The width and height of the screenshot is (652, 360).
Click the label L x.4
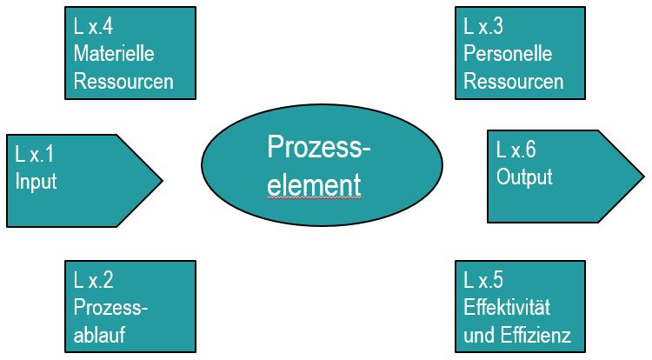(x=95, y=26)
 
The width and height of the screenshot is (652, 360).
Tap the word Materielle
(x=115, y=54)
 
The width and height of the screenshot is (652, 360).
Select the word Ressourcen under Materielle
(x=124, y=82)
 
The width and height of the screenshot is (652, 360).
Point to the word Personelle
(x=509, y=54)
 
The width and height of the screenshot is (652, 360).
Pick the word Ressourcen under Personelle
(x=514, y=82)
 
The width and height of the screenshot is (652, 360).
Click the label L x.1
(x=35, y=155)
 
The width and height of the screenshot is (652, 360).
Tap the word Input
(x=36, y=183)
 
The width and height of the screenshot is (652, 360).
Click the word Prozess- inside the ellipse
(x=318, y=148)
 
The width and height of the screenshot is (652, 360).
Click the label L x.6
(x=516, y=150)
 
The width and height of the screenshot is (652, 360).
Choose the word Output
(x=524, y=177)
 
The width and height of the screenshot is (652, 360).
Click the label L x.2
(x=95, y=280)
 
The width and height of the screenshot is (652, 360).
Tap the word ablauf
(x=101, y=336)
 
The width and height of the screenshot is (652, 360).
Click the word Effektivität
(x=508, y=308)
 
